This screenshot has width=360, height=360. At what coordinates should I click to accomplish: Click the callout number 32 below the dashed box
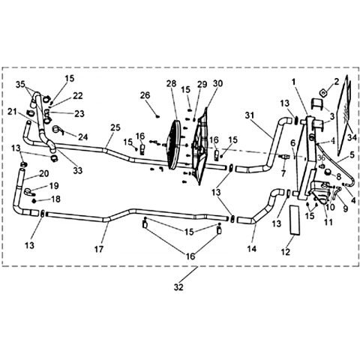(178, 287)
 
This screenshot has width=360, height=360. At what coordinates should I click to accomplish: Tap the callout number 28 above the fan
(171, 83)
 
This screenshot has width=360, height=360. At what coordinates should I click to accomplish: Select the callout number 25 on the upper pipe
(115, 127)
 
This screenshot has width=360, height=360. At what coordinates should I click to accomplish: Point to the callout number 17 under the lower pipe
(99, 249)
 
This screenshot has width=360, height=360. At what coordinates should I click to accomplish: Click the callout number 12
(285, 252)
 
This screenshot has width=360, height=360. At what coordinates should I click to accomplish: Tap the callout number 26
(145, 95)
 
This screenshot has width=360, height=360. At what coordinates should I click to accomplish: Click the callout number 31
(250, 115)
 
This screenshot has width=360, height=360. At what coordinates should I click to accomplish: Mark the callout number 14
(252, 249)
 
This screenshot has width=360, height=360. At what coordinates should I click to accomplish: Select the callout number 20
(44, 173)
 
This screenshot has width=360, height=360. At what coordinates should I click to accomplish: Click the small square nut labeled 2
(323, 93)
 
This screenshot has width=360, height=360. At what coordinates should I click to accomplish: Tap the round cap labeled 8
(329, 172)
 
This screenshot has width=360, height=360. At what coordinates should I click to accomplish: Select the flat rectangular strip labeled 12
(295, 220)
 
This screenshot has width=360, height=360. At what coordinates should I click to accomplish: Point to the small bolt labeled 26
(157, 115)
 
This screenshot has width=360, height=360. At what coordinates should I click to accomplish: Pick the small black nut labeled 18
(34, 201)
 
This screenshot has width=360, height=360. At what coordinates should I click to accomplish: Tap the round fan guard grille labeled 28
(173, 145)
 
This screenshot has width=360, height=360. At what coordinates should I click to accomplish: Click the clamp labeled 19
(28, 192)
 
